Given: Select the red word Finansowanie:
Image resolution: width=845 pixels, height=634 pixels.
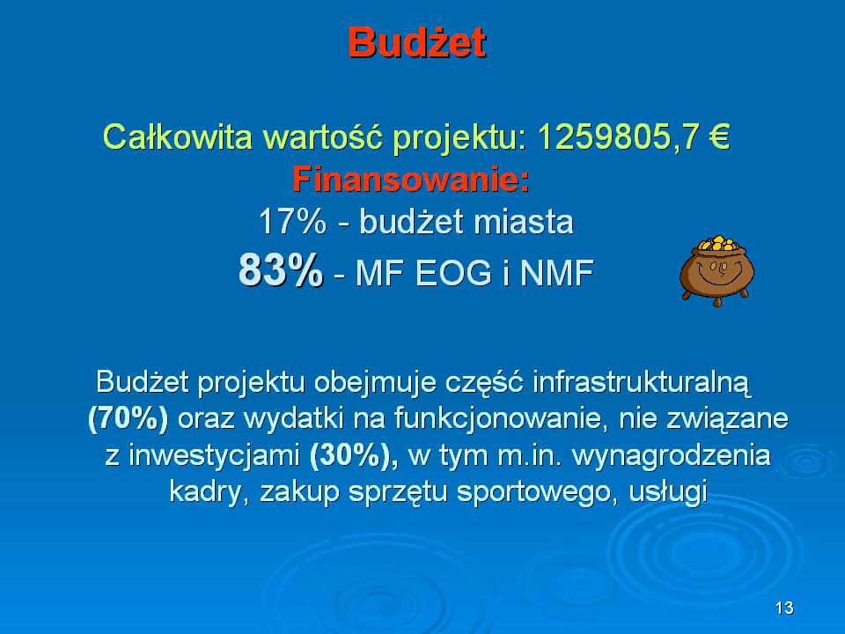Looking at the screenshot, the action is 411,179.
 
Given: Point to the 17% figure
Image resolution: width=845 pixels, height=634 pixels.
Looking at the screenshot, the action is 292,221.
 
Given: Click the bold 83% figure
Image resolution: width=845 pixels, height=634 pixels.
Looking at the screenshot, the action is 281,269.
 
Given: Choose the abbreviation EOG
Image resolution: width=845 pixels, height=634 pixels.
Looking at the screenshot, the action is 454,272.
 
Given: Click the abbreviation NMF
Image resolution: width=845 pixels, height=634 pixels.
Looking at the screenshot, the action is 556,272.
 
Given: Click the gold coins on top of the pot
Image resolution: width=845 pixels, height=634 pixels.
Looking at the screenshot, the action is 717,243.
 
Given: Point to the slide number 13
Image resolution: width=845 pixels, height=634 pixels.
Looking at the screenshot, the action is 784,608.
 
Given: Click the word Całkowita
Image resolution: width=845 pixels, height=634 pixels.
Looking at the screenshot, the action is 177,136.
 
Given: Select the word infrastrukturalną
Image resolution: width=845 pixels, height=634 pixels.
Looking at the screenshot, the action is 642,382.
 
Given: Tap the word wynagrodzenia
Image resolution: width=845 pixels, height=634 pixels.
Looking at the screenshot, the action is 672,455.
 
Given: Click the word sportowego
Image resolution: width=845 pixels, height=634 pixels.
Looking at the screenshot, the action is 533,491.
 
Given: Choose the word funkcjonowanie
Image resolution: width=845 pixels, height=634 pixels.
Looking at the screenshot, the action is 497,418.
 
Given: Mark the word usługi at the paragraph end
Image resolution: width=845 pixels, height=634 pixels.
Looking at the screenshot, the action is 668,491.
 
